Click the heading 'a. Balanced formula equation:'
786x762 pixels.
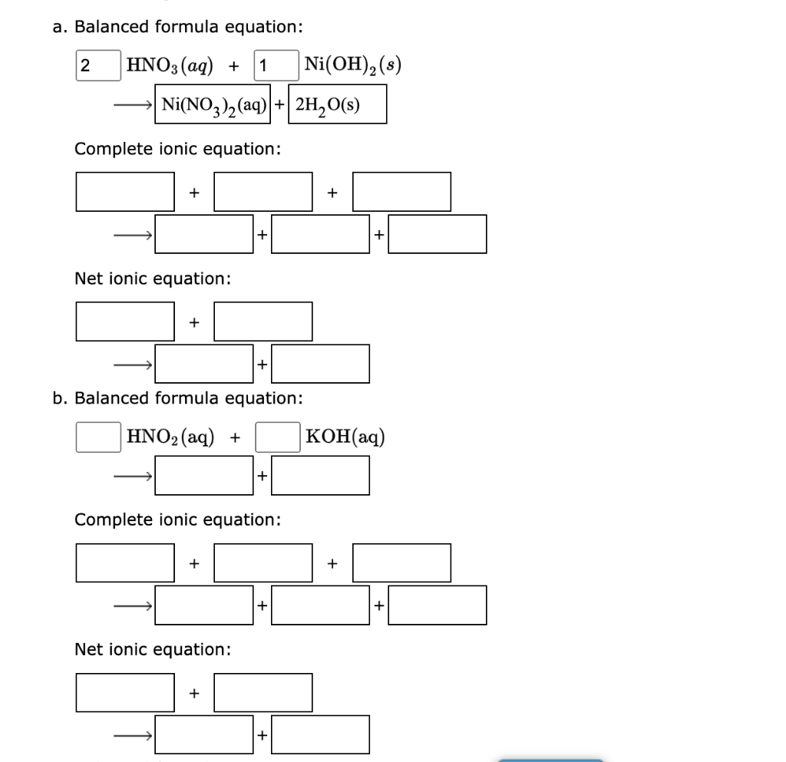coord(177,28)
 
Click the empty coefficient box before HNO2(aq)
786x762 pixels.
coord(97,437)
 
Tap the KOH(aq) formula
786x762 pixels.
coord(345,437)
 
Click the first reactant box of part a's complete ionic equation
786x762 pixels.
coord(124,191)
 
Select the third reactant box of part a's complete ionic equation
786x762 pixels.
coord(401,191)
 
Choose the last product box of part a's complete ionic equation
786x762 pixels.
coord(437,234)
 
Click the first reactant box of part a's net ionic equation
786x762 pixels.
coord(124,321)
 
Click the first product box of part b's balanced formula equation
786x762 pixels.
coord(205,476)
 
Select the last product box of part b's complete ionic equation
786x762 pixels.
coord(437,605)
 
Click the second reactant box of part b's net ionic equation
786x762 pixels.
coord(263,692)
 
